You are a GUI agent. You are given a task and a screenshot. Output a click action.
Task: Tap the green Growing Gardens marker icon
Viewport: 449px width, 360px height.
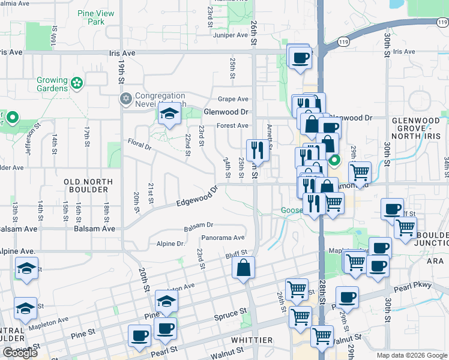[x=76, y=82]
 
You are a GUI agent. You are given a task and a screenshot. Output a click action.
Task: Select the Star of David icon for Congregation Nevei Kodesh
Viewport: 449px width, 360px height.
[x=125, y=98]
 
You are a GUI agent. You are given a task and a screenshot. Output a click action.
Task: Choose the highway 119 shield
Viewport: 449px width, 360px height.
[x=343, y=41]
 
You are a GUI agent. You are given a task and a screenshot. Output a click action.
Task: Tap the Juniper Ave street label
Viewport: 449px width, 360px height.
[x=231, y=35]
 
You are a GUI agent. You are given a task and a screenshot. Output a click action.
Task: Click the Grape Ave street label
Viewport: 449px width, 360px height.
[x=233, y=99]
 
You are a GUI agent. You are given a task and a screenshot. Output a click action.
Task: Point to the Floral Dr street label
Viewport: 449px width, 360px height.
[x=139, y=143]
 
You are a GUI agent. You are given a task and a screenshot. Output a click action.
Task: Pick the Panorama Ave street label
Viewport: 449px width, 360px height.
[x=223, y=238]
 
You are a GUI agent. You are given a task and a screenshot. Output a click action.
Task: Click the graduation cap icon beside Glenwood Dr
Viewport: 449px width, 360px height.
[x=170, y=113]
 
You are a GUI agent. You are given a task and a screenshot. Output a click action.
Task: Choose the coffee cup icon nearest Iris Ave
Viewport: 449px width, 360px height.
[x=300, y=58]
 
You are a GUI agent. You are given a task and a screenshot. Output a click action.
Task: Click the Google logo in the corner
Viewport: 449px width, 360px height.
[x=20, y=353]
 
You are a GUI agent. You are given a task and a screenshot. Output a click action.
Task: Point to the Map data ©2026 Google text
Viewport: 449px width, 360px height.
[x=412, y=355]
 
